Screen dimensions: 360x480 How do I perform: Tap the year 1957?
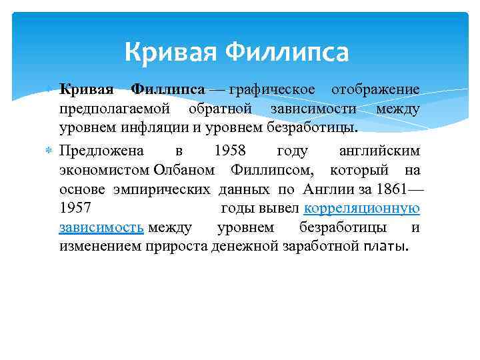coord(75,209)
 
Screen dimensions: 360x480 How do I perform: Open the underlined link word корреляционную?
coord(362,209)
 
